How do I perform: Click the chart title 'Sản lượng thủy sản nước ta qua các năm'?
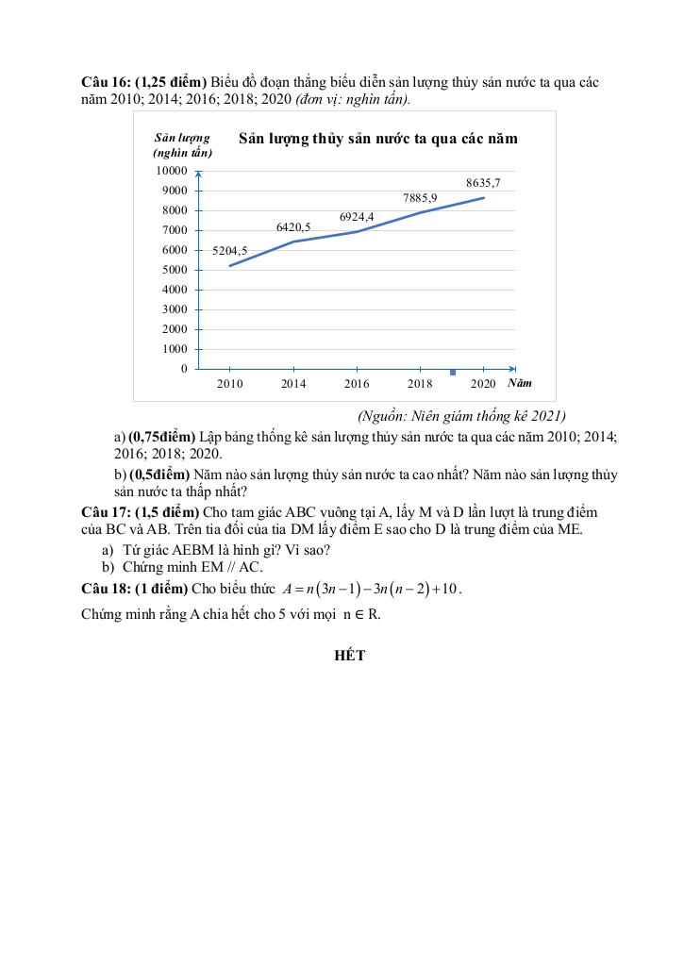tap(378, 139)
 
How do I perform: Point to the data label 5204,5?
tap(229, 251)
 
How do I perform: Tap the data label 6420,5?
tap(293, 227)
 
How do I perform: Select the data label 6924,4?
tap(357, 217)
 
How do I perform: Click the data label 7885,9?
tap(420, 198)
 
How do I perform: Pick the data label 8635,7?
tap(483, 182)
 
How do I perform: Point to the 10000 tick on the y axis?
tap(171, 171)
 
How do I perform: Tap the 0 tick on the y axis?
tap(183, 369)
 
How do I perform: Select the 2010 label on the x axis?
tap(229, 384)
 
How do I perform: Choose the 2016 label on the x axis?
tap(357, 384)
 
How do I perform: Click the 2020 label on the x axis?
tap(483, 384)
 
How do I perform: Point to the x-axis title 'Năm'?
tap(520, 383)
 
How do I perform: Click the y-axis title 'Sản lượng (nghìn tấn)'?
tap(182, 145)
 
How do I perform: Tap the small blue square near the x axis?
tap(453, 372)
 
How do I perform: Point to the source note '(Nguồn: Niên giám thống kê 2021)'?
tap(460, 416)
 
